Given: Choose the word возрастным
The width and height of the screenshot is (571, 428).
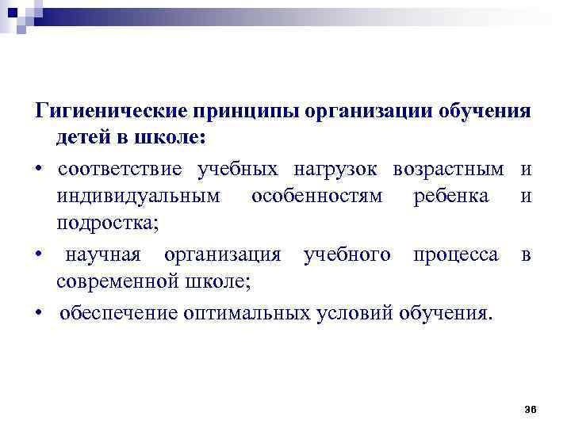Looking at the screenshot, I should click(x=449, y=169).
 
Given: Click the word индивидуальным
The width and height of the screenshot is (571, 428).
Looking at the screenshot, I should click(x=139, y=197).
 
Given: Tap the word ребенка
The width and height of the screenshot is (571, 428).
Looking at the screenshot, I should click(x=451, y=197).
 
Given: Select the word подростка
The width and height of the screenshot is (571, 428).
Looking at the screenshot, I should click(x=107, y=225).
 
